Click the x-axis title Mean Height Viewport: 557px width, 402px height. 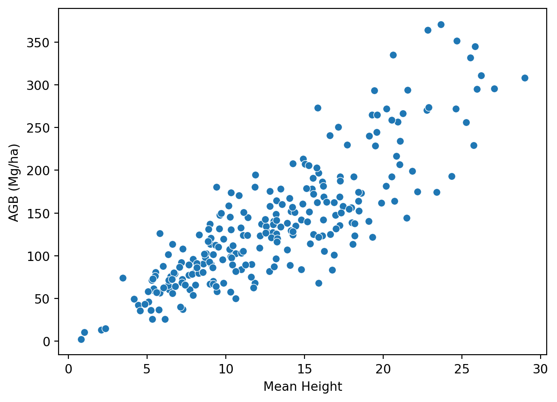pyautogui.click(x=303, y=387)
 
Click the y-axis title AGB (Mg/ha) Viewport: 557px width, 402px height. pyautogui.click(x=15, y=183)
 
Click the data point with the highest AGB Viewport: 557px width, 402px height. pyautogui.click(x=441, y=24)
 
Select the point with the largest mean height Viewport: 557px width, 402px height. pyautogui.click(x=525, y=78)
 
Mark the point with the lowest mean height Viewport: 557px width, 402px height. pyautogui.click(x=81, y=339)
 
